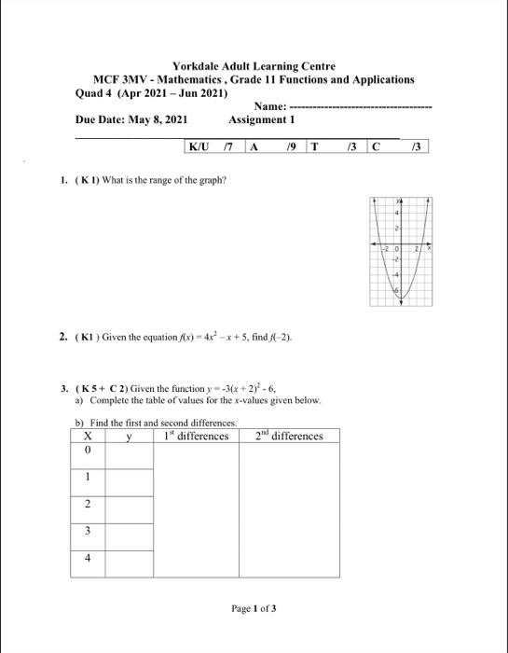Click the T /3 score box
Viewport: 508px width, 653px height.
tap(335, 146)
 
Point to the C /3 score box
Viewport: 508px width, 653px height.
tap(398, 146)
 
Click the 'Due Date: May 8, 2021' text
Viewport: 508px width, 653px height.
tap(130, 120)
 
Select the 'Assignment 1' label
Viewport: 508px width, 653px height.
tap(261, 120)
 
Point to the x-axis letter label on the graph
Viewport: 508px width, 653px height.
tap(431, 251)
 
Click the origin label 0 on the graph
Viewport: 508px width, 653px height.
tap(394, 251)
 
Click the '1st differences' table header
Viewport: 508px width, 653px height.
tap(195, 436)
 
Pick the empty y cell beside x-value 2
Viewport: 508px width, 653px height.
tap(129, 504)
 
